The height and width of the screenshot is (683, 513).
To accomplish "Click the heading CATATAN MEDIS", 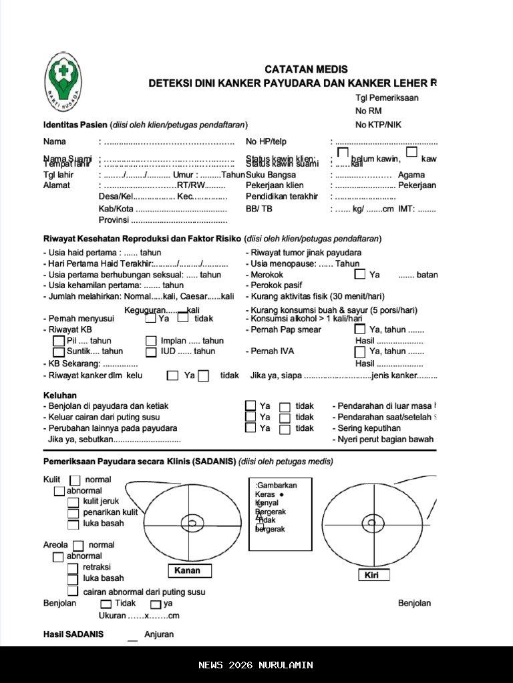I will (306, 69).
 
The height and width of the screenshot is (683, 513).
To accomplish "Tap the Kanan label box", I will (189, 570).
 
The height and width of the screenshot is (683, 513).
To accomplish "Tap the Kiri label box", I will (373, 575).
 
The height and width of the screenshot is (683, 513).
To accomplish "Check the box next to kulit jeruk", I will (73, 502).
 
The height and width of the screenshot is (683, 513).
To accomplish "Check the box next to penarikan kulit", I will (73, 513).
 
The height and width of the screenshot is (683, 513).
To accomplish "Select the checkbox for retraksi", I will (73, 568).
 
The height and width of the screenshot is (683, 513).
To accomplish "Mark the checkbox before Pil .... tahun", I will (59, 341).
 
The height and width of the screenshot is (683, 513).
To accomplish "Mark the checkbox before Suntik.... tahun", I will (59, 352).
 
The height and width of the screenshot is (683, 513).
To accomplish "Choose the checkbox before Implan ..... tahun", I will (151, 341).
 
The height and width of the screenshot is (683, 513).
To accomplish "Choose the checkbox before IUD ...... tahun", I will (151, 352).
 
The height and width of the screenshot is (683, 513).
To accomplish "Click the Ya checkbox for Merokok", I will (360, 274).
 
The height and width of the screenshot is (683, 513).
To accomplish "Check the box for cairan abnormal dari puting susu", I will (73, 592).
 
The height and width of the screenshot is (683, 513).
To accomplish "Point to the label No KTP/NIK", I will (379, 125).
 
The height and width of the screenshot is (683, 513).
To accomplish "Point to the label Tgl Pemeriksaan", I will (387, 98).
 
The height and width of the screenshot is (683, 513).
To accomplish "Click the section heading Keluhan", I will (60, 396).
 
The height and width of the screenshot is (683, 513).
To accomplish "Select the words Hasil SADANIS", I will (73, 634).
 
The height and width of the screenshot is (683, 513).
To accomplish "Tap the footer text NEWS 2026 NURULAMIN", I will (256, 665).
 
